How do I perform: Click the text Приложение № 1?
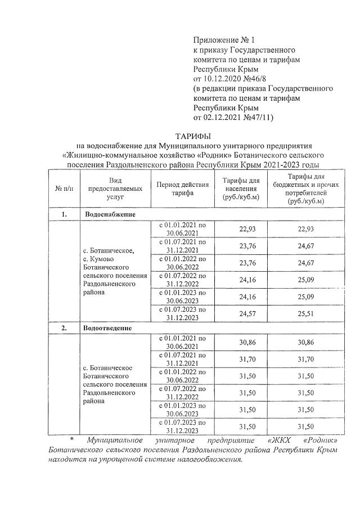(224, 40)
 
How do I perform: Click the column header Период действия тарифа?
(182, 188)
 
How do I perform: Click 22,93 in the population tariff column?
(236, 228)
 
